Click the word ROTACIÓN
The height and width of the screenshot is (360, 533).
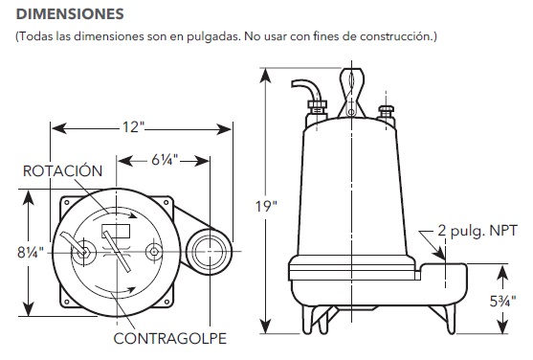point(64,170)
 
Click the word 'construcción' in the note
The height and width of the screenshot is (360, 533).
point(396,37)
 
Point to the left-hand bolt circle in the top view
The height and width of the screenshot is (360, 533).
point(84,253)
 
